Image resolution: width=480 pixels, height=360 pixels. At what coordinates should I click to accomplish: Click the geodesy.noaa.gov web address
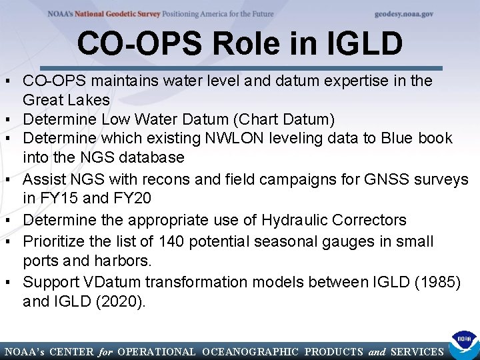404,14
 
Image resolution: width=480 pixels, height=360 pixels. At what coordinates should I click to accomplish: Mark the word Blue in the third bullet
398,139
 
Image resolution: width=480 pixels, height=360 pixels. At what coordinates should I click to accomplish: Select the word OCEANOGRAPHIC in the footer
249,351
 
